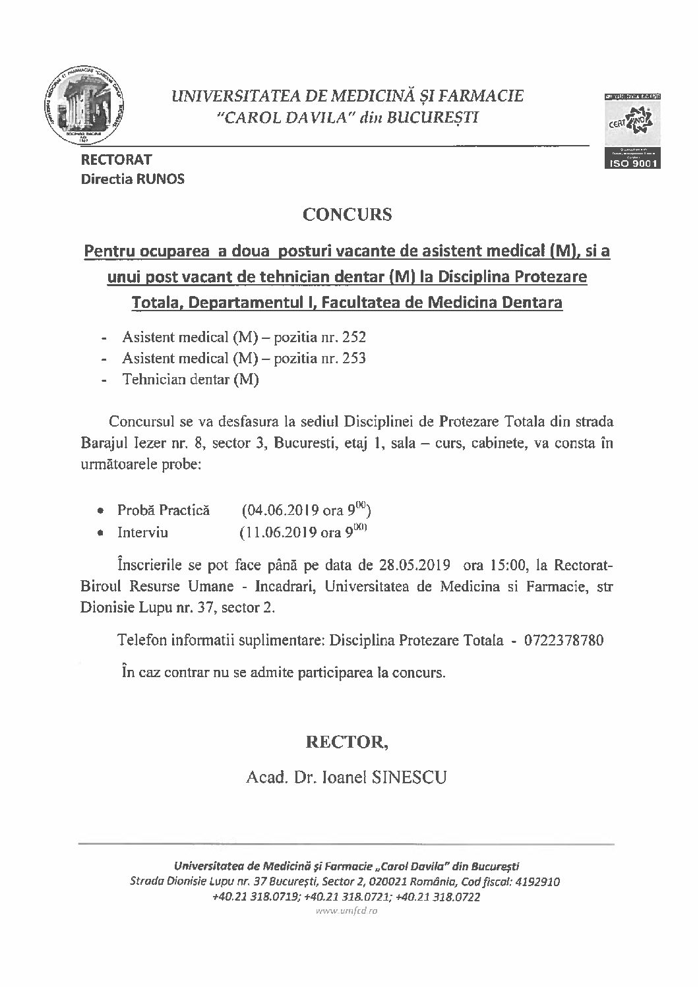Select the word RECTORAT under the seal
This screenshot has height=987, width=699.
[116, 160]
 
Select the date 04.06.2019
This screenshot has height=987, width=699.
[282, 510]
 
